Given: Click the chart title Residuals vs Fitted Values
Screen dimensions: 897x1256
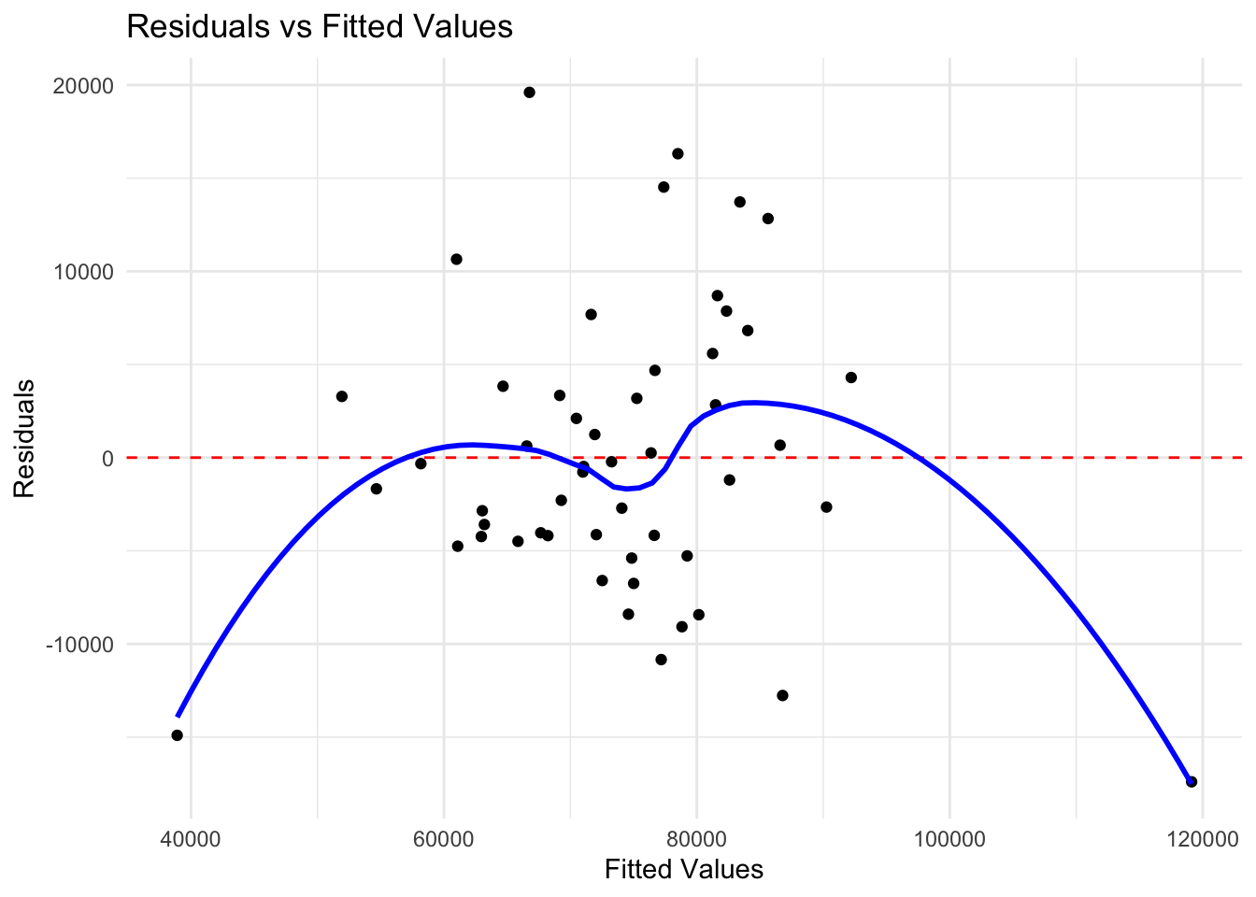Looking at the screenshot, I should click(320, 26).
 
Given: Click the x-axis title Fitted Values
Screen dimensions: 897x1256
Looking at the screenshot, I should click(683, 870).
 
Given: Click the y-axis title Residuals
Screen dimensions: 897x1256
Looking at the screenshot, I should click(23, 438).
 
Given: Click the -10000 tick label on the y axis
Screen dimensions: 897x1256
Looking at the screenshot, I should click(78, 644).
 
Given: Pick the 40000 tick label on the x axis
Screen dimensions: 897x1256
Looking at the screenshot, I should click(191, 836).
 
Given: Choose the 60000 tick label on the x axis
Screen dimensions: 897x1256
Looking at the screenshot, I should click(444, 836).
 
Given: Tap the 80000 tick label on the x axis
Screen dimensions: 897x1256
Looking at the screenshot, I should click(696, 836).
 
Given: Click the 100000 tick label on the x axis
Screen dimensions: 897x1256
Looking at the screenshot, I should click(949, 836).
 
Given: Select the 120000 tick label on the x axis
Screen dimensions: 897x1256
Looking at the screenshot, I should click(1202, 836).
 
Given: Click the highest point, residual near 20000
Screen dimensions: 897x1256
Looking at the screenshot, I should click(529, 93).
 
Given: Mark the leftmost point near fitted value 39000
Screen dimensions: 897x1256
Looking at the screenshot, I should click(177, 735).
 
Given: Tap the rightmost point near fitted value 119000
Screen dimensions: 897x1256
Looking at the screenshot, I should click(1191, 781).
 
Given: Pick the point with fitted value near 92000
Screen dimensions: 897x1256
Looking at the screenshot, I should click(850, 377).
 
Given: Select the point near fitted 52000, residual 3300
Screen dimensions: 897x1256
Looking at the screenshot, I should click(341, 396).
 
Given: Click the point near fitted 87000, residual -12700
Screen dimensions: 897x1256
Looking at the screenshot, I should click(782, 695).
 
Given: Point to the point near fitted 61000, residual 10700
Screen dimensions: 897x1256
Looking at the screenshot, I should click(456, 259).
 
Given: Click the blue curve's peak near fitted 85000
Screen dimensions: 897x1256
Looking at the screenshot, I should click(752, 403).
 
